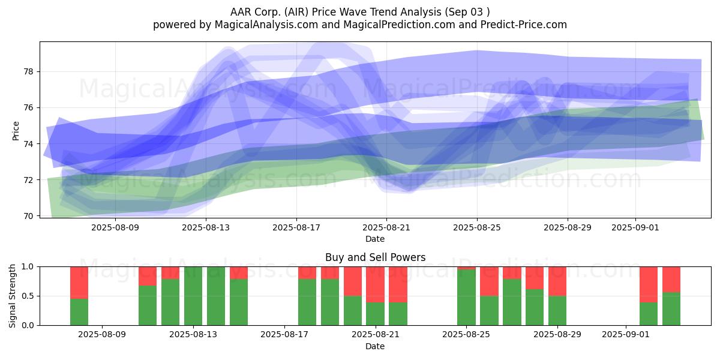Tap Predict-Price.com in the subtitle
coord(524,25)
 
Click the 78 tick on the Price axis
coord(29,71)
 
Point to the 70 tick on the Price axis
coord(29,215)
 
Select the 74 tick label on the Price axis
coord(29,143)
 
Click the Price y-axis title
coord(16,131)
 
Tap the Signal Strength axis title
coord(12,296)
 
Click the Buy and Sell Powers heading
coord(375,257)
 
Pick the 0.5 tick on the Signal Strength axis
coord(28,296)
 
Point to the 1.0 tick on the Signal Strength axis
coord(28,266)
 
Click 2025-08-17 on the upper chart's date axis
coord(296,227)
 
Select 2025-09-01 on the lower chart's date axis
coord(625,334)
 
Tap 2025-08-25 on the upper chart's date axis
coord(477,227)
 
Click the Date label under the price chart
coord(375,239)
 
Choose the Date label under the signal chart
coord(375,346)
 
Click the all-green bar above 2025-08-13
coord(193,296)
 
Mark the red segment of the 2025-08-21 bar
coord(375,284)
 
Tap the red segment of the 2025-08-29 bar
coord(557,281)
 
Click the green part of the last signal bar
coord(671,308)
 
